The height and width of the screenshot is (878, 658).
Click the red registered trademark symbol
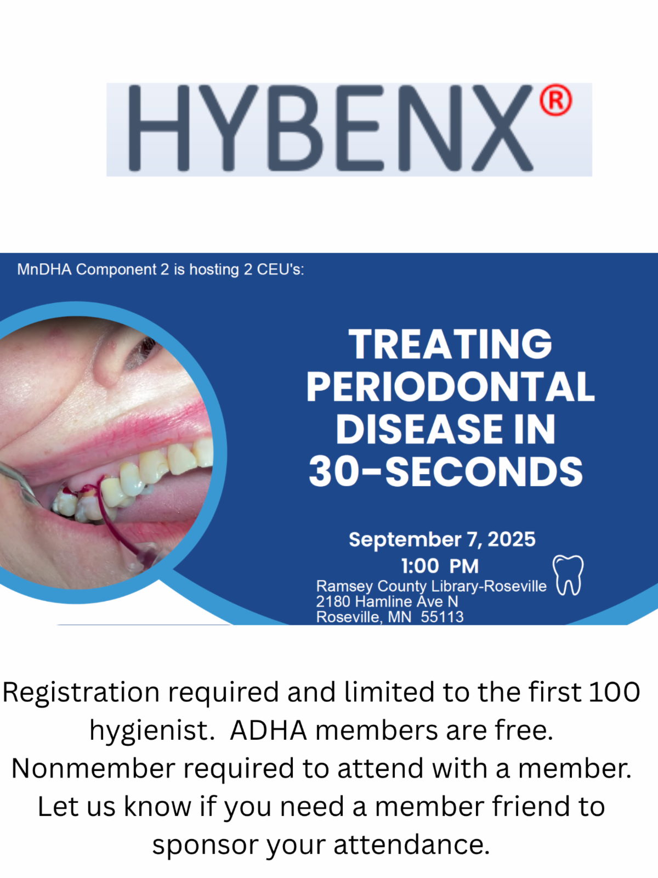(x=555, y=100)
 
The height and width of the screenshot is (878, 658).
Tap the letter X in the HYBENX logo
(x=503, y=128)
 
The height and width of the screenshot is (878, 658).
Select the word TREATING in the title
(x=450, y=344)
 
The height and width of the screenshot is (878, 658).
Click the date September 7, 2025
(x=442, y=539)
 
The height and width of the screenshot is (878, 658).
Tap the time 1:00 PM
(x=440, y=566)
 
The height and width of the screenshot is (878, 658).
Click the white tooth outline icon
(x=568, y=575)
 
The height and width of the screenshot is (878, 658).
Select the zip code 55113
(x=443, y=617)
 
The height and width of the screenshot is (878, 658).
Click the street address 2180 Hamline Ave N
(x=387, y=601)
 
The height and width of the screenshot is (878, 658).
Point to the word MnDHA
(x=44, y=269)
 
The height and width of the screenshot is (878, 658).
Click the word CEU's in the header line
(x=280, y=269)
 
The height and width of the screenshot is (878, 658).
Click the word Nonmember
(x=93, y=768)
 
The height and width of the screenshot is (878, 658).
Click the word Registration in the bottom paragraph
(x=81, y=693)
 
